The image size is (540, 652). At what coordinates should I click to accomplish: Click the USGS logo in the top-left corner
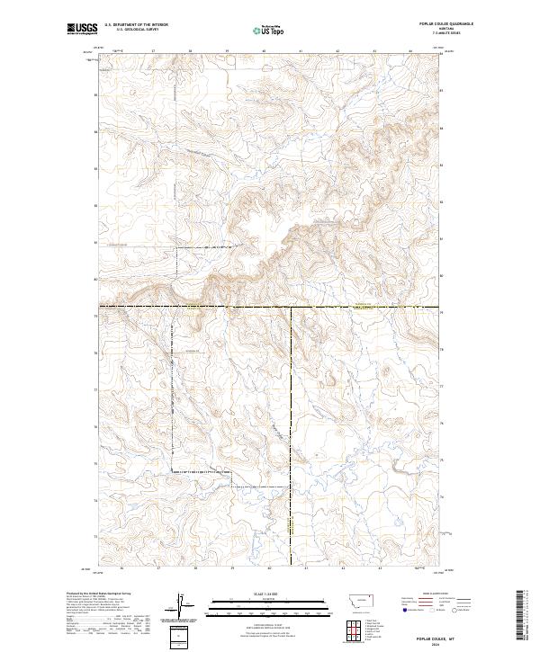tap(82, 29)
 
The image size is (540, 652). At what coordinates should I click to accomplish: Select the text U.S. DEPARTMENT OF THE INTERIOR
tap(136, 26)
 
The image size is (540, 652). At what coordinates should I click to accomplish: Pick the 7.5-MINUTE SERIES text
tap(424, 35)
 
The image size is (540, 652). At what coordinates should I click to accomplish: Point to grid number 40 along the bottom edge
tap(269, 568)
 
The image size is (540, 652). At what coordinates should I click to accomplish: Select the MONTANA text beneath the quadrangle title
tap(424, 31)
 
